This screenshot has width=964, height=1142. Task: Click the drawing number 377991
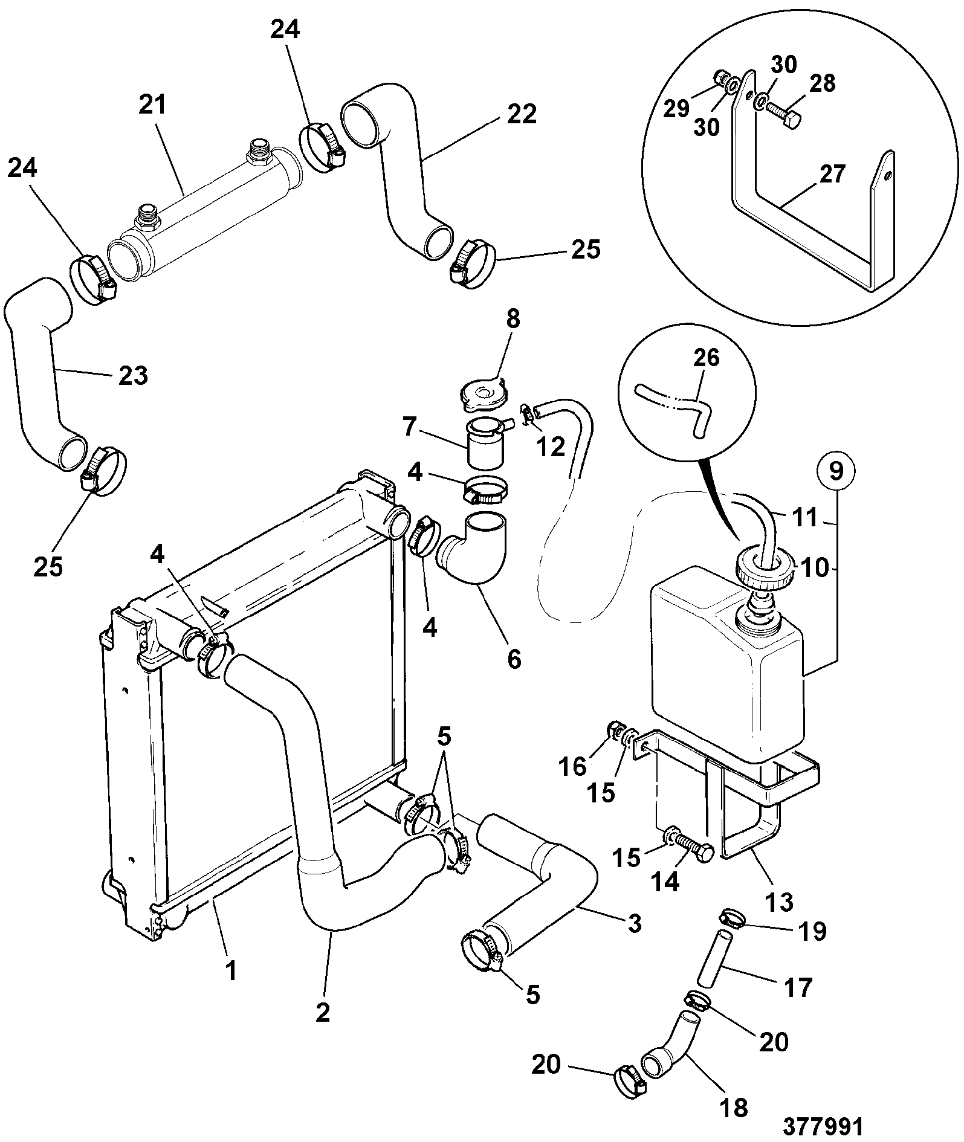(x=823, y=1125)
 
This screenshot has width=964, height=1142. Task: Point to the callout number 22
(x=520, y=114)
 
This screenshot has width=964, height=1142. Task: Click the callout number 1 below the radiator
(x=230, y=971)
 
